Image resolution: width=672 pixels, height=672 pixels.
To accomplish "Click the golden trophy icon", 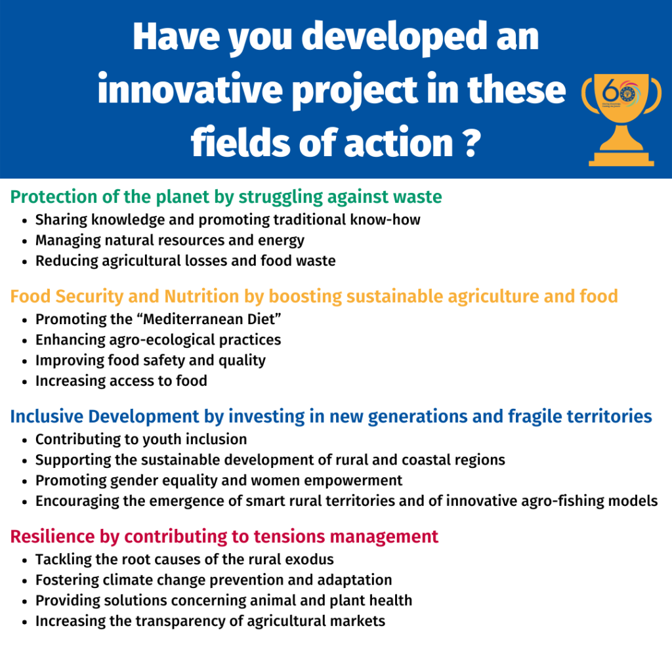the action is (621, 120).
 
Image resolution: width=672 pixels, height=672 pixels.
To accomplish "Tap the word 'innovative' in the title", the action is (190, 89).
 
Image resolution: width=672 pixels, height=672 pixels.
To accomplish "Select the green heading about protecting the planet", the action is (226, 197).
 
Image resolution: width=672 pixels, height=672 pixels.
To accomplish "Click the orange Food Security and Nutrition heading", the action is (314, 296).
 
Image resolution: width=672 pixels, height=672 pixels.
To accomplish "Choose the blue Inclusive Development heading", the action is (331, 417).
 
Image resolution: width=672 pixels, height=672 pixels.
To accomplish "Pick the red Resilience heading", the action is (224, 537).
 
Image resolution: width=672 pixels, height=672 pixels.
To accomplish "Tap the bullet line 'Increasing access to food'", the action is (121, 381).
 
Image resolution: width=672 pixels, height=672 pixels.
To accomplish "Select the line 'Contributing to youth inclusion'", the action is (141, 440).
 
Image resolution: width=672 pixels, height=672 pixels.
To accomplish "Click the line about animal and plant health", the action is (224, 601).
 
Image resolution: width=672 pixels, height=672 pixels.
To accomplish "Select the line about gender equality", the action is (219, 481).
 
